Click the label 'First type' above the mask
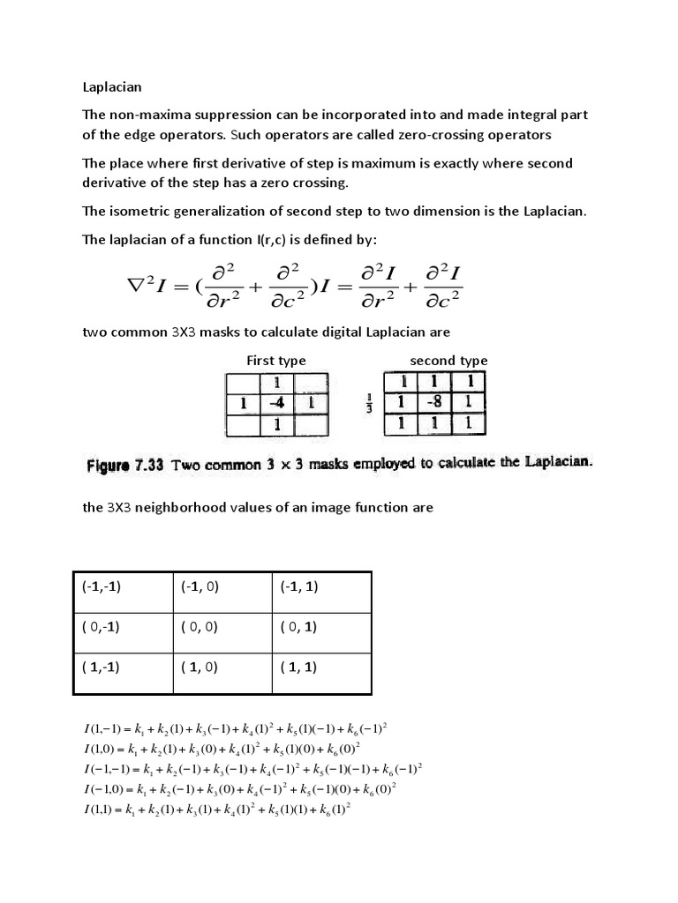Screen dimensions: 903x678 point(275,360)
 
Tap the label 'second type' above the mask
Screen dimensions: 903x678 point(448,360)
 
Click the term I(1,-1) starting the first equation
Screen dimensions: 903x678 point(106,728)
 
